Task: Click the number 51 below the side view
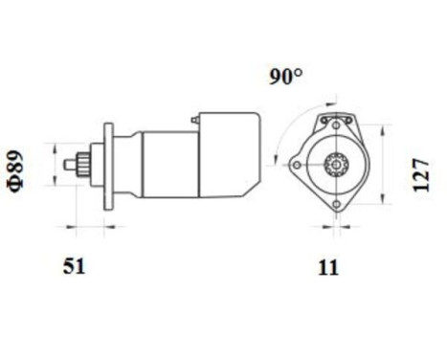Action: tap(73, 267)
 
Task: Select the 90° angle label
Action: tap(285, 78)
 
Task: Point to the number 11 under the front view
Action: tap(328, 267)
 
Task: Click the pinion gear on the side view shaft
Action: tap(85, 164)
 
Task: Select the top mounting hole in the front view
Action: tap(336, 121)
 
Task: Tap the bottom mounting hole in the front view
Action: tap(336, 208)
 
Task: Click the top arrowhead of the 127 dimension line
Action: tap(386, 124)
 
